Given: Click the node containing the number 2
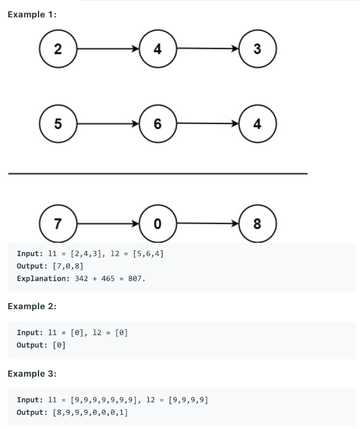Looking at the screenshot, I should point(57,49).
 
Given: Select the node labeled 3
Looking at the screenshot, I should point(258,49).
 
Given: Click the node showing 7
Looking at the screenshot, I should point(57,224).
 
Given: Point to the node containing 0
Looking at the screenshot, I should point(158,224).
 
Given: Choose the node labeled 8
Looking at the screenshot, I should point(258,224).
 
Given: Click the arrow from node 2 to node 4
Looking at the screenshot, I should point(107,49).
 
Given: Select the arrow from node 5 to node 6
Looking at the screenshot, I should point(107,123).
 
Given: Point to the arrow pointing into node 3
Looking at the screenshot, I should point(208,49).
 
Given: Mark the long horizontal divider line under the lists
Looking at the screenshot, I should point(158,173).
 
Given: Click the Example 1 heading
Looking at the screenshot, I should point(32,15).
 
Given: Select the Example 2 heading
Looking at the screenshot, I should point(32,305).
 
